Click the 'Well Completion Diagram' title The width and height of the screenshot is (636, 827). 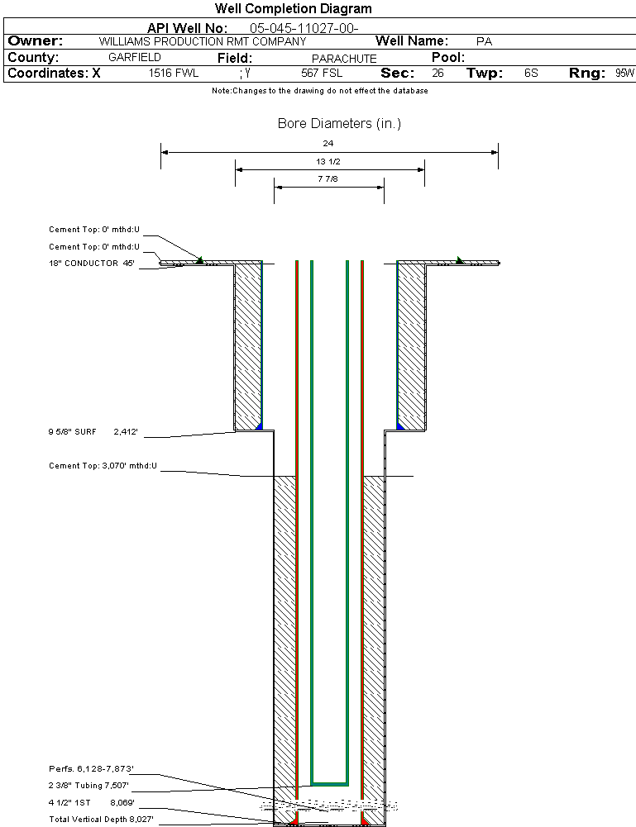(293, 8)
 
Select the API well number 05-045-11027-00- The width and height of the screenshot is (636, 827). (304, 28)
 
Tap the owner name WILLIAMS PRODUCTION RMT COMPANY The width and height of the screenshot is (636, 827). (203, 41)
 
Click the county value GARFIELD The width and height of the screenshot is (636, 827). (135, 58)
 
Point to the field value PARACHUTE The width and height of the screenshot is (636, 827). (344, 59)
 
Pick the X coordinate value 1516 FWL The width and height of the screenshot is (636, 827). (174, 74)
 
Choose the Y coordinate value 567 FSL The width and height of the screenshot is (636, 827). (322, 74)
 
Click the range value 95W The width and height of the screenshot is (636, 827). (625, 74)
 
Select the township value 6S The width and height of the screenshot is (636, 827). (531, 74)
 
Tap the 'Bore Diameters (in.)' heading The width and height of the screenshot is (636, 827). (339, 123)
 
